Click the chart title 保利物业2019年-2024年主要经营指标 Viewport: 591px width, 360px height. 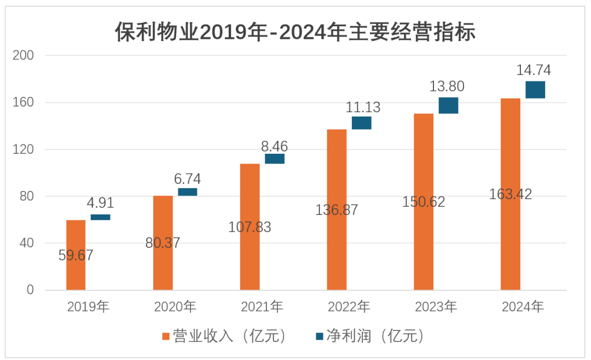pyautogui.click(x=296, y=32)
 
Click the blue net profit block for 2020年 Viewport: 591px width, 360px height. pyautogui.click(x=188, y=192)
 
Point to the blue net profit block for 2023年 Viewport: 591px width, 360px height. pyautogui.click(x=448, y=106)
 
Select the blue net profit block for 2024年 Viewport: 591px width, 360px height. pyautogui.click(x=535, y=90)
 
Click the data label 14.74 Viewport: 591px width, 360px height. pyautogui.click(x=534, y=70)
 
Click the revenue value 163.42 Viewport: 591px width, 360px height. pyautogui.click(x=511, y=194)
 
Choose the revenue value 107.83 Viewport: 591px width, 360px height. pyautogui.click(x=250, y=227)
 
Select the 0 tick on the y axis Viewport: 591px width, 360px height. pyautogui.click(x=31, y=290)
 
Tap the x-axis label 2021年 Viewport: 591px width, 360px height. pyautogui.click(x=262, y=307)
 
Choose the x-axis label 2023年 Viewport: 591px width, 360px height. pyautogui.click(x=436, y=307)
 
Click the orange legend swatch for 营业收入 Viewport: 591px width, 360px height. pyautogui.click(x=166, y=336)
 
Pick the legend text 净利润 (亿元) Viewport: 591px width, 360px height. pyautogui.click(x=375, y=336)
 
